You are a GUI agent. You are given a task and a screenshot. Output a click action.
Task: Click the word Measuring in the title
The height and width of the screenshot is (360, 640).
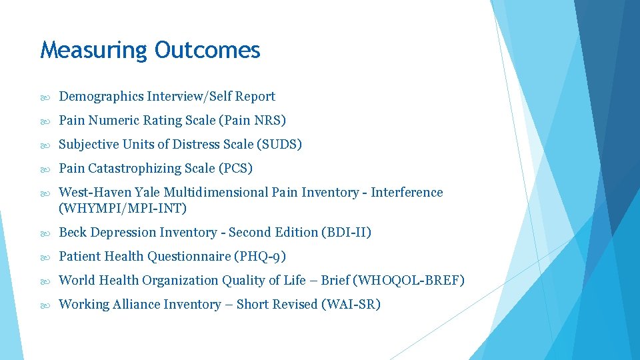coord(94,50)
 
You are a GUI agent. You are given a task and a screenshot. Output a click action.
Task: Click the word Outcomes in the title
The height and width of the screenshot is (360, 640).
coord(207,50)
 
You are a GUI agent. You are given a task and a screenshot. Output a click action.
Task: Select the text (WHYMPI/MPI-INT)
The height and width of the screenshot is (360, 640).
coord(123,209)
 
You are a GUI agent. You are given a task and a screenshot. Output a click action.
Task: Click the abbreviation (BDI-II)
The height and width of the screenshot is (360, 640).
coord(346,233)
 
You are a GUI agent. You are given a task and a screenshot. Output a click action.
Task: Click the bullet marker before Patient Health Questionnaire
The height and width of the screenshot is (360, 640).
coord(44,257)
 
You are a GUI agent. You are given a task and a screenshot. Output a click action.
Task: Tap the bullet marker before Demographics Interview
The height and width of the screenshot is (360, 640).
coord(44,97)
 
